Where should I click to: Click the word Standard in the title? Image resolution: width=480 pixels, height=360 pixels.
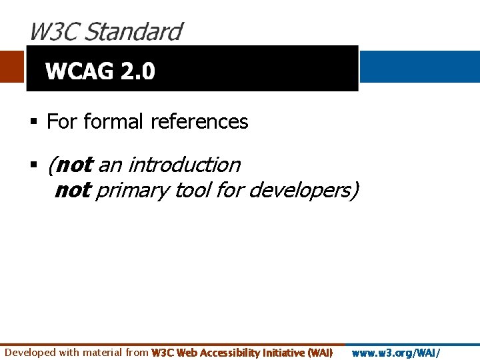[133, 31]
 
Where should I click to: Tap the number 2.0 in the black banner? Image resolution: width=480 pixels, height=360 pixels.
[138, 71]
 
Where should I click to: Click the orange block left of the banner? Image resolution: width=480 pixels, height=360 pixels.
[12, 67]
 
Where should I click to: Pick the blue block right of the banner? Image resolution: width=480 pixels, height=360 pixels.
[419, 67]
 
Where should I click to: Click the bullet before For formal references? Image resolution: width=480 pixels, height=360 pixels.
[33, 122]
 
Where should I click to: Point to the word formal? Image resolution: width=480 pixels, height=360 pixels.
[113, 122]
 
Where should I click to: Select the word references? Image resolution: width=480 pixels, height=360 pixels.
[199, 122]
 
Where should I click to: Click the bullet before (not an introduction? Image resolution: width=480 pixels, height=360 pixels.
[33, 164]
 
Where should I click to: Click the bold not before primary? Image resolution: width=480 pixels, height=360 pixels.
[72, 191]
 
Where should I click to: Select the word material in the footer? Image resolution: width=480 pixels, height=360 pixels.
[104, 352]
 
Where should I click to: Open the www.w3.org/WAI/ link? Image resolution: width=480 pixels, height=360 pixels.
[396, 352]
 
